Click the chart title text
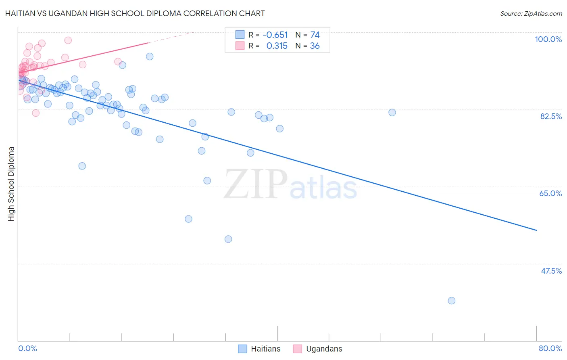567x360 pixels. tap(135, 13)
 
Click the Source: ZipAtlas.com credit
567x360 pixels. tap(531, 14)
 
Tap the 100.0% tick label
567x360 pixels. tap(548, 39)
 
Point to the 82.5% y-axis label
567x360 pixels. tap(550, 116)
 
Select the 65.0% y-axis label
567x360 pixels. tap(550, 193)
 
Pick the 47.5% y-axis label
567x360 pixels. tap(551, 271)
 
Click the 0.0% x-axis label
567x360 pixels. tap(27, 348)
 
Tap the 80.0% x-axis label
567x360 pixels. tap(550, 348)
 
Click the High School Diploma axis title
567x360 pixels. tap(11, 184)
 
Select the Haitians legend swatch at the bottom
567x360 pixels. tap(242, 349)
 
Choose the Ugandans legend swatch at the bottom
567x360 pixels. tap(298, 349)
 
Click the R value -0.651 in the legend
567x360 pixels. tap(275, 35)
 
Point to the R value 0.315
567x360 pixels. tap(277, 46)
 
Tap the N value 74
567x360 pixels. tap(315, 35)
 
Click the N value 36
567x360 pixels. tap(315, 46)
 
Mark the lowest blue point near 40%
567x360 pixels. tap(451, 301)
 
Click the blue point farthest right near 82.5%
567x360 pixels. tap(392, 113)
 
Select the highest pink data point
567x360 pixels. tap(68, 40)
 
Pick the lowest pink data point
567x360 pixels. tap(35, 113)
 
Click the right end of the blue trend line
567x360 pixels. tap(536, 230)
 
